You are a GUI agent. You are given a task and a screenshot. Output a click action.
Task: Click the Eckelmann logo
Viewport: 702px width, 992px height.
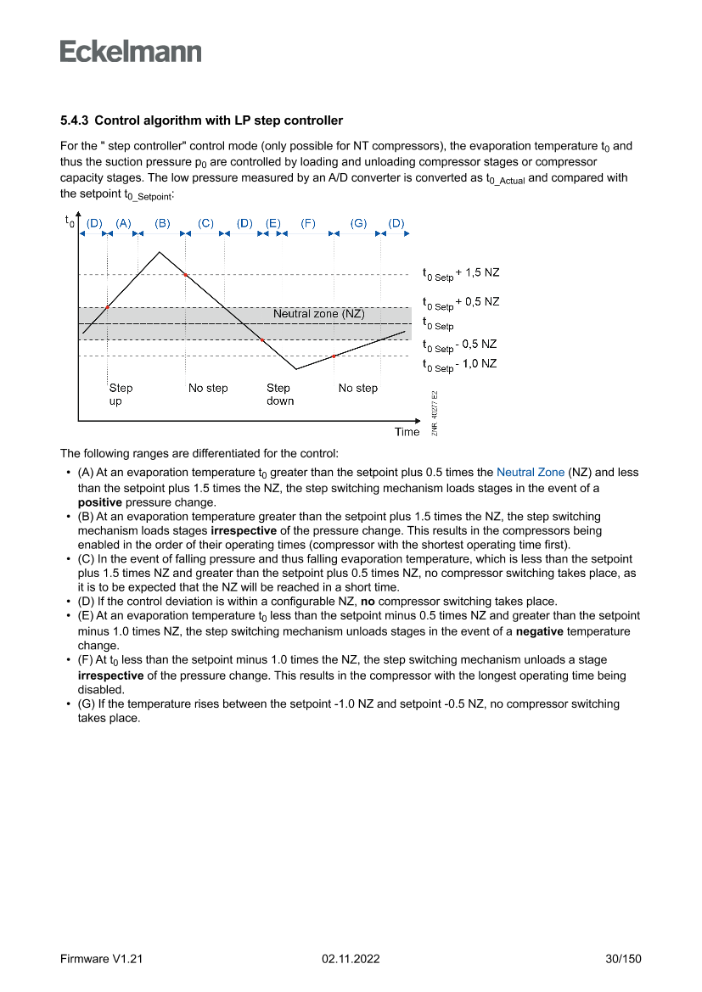click(x=131, y=52)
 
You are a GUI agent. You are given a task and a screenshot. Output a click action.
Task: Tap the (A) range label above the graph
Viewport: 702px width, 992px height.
click(x=124, y=223)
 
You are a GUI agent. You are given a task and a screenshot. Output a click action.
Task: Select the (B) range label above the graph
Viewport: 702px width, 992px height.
click(x=162, y=223)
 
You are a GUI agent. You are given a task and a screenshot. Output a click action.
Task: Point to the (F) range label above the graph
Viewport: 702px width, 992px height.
click(x=308, y=223)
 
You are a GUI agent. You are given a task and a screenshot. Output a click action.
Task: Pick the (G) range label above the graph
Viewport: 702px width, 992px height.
click(x=359, y=223)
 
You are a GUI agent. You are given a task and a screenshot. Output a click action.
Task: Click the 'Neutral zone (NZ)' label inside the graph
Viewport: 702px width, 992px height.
click(x=318, y=314)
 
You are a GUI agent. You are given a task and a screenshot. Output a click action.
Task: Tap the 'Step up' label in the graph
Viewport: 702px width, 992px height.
click(x=121, y=395)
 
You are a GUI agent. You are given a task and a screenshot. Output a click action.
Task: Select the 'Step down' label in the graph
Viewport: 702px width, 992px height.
click(x=279, y=395)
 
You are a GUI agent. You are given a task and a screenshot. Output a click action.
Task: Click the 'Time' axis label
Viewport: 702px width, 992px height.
click(x=407, y=432)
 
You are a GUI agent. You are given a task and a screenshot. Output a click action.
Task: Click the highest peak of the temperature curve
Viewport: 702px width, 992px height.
click(x=160, y=252)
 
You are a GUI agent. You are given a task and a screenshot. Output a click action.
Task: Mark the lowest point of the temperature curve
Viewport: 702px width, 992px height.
click(x=295, y=369)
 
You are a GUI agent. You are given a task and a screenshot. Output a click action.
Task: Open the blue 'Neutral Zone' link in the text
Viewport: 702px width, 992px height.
click(x=531, y=473)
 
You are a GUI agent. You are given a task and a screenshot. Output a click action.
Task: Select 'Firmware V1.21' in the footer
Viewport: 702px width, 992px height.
click(x=101, y=959)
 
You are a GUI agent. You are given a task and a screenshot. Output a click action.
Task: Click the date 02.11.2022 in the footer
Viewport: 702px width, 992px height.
click(x=351, y=959)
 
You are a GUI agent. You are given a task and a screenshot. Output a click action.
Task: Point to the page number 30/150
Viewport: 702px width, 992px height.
click(x=623, y=959)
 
